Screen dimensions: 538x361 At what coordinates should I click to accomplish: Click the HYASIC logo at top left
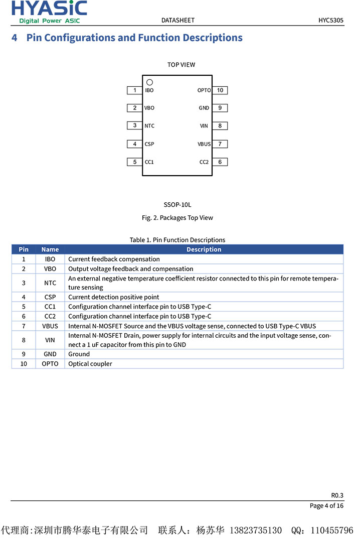tap(49, 12)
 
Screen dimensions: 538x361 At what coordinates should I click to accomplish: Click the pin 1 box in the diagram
tap(134, 90)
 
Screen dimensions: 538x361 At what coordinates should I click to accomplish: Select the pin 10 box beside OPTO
tap(220, 90)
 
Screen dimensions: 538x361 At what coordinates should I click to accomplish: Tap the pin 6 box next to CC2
tap(220, 162)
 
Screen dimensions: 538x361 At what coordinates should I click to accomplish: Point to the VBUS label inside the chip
tap(204, 144)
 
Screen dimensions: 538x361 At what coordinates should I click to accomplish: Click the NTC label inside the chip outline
tap(149, 126)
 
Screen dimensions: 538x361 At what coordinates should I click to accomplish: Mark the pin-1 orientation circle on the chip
tap(149, 82)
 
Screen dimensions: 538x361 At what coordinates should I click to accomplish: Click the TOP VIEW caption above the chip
tap(182, 65)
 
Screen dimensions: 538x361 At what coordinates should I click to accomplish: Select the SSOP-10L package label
tap(177, 205)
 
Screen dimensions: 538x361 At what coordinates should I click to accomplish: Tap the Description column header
tap(204, 249)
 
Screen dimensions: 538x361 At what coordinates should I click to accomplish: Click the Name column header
tap(50, 249)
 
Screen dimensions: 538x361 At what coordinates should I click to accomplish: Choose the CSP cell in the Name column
tap(50, 297)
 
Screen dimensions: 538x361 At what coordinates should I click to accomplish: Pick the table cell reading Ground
tap(79, 354)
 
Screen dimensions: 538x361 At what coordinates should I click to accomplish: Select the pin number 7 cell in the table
tap(24, 326)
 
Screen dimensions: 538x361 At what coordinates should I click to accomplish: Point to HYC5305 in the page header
tap(331, 21)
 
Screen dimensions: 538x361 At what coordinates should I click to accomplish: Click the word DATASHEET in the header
tap(178, 21)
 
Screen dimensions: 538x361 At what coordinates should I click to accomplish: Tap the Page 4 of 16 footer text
tap(326, 506)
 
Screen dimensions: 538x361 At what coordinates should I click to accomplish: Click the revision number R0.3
tap(337, 495)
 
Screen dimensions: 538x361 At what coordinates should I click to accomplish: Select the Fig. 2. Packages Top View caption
tap(177, 218)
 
